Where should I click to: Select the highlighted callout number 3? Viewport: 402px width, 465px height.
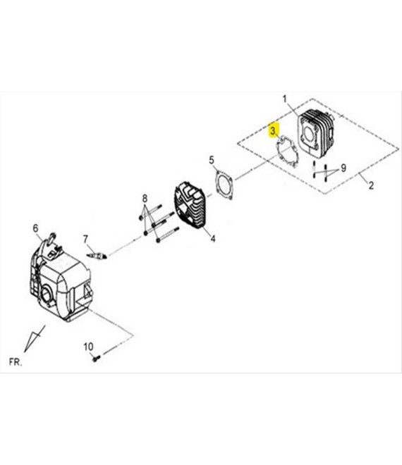click(273, 130)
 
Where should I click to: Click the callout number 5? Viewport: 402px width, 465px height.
click(211, 161)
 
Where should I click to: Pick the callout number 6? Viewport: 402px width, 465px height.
click(35, 227)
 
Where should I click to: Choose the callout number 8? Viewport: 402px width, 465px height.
click(145, 198)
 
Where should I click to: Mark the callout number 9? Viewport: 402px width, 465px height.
click(343, 168)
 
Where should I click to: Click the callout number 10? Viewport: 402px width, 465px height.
click(88, 346)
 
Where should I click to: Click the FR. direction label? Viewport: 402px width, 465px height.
click(16, 362)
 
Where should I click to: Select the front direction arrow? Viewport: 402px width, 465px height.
click(31, 340)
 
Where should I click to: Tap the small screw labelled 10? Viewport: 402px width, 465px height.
click(95, 359)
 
